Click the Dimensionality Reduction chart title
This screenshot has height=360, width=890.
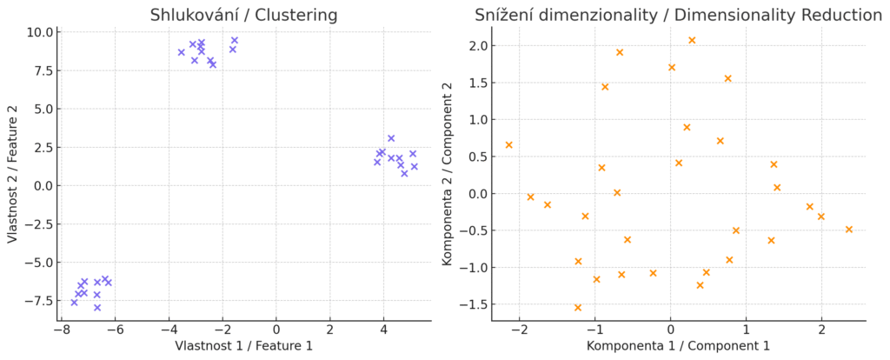[x=678, y=15]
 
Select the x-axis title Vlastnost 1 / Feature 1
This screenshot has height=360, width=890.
[x=244, y=346]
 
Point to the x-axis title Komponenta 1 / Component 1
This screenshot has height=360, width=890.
[x=678, y=346]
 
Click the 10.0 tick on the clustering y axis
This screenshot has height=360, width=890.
[x=39, y=32]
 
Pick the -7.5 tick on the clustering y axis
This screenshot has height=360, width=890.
[x=39, y=300]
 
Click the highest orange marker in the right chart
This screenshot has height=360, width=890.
[x=692, y=40]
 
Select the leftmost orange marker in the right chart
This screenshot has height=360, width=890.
[x=508, y=145]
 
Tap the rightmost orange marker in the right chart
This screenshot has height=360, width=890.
[x=849, y=230]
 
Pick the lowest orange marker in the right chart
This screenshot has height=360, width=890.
[x=578, y=307]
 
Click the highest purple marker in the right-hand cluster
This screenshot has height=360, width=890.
[x=391, y=138]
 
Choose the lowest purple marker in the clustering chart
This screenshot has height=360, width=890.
[x=97, y=307]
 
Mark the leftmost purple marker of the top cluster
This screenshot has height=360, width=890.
[x=182, y=52]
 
